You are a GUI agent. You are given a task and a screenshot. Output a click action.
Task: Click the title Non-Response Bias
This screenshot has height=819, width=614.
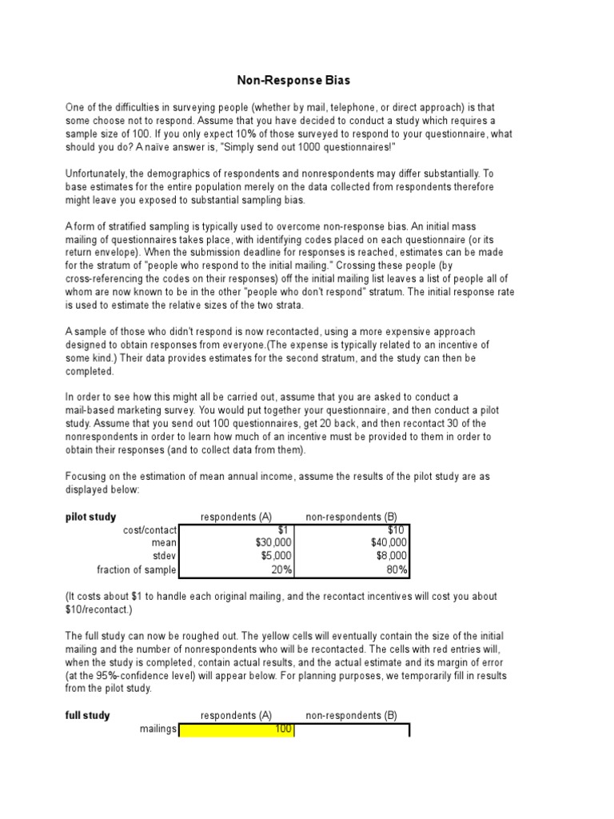[293, 81]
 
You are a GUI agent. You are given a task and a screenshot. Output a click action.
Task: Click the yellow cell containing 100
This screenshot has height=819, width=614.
[237, 729]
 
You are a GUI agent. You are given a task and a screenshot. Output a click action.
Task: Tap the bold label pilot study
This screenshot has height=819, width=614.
[90, 517]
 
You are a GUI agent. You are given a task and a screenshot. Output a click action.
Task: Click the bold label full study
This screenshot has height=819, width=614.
[87, 716]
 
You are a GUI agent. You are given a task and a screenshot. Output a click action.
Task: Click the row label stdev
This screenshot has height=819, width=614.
[164, 556]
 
